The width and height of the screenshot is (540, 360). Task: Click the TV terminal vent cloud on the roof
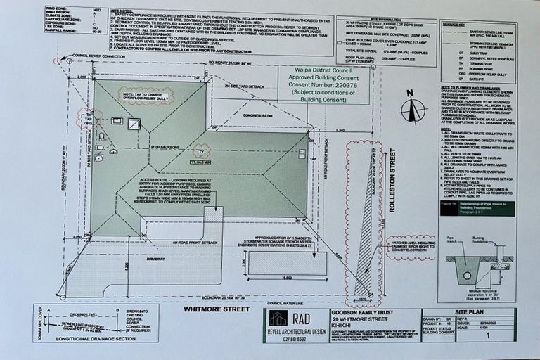202,150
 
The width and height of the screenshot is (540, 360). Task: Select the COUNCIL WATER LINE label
284,303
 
